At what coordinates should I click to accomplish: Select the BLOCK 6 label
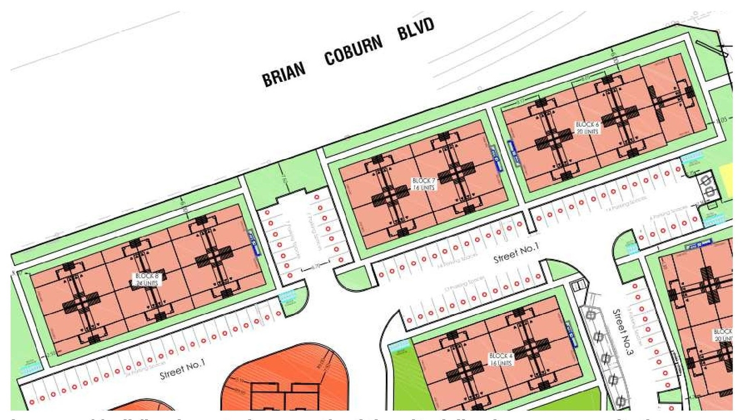pyautogui.click(x=587, y=128)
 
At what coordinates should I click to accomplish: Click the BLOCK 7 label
pyautogui.click(x=423, y=184)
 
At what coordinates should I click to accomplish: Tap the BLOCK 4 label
pyautogui.click(x=501, y=358)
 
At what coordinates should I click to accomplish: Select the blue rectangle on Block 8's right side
pyautogui.click(x=253, y=242)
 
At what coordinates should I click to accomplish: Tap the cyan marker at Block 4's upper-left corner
pyautogui.click(x=399, y=347)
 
